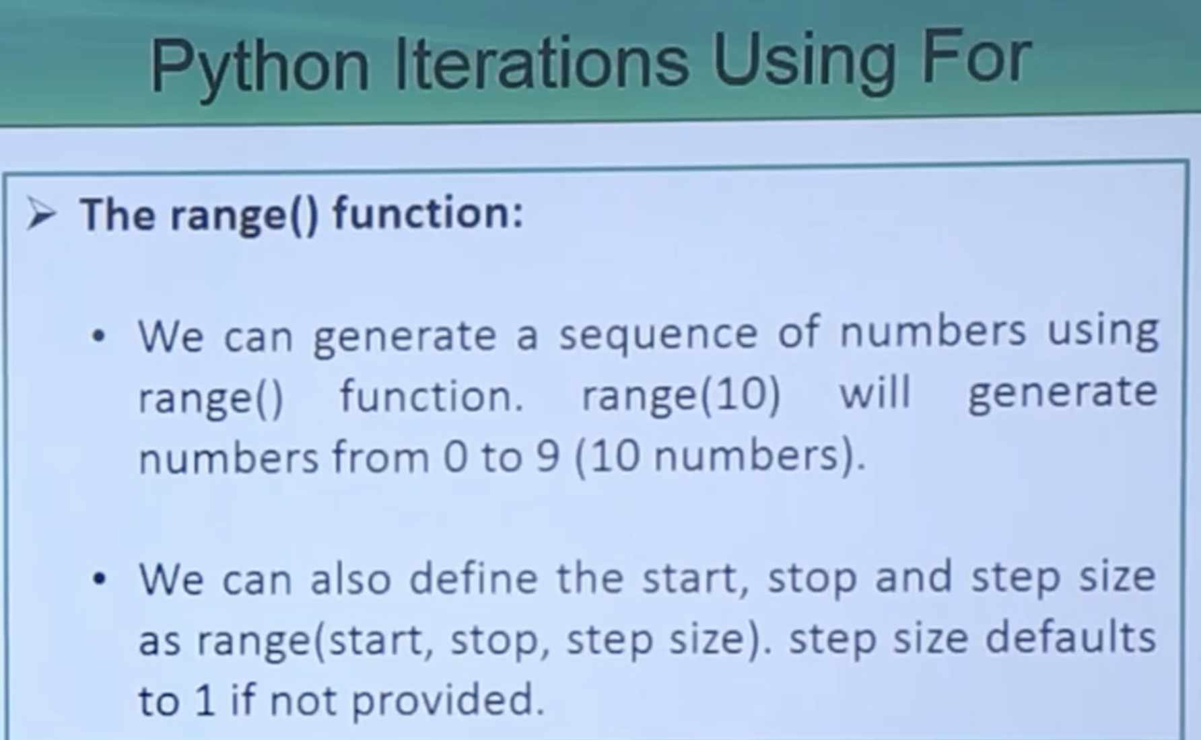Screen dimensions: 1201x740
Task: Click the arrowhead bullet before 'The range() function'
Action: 40,215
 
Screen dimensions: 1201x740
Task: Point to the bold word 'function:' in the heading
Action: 428,214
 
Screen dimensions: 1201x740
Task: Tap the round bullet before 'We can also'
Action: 100,579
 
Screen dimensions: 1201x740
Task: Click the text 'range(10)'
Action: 681,395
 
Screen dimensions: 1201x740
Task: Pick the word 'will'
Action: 874,392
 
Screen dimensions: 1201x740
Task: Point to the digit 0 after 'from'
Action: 455,457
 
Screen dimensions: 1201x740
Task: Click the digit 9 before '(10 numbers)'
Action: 548,457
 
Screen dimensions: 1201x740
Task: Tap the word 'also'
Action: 350,579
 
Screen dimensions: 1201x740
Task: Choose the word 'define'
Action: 473,578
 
